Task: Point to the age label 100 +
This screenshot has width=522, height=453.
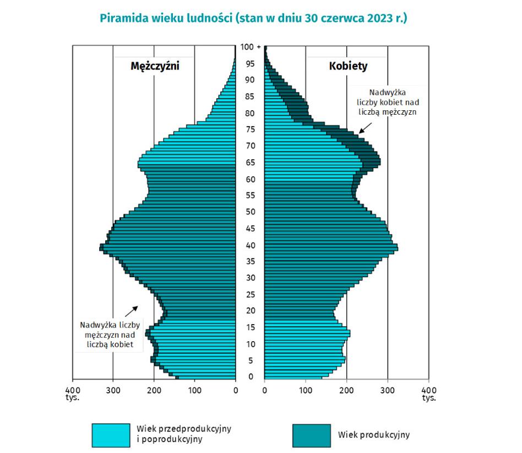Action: coord(251,47)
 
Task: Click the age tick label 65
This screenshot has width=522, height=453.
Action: coord(251,163)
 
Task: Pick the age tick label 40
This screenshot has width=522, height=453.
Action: coord(251,245)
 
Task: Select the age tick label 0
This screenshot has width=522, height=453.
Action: coord(251,377)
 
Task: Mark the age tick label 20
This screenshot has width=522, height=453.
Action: coord(251,311)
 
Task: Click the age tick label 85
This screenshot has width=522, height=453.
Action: coord(251,96)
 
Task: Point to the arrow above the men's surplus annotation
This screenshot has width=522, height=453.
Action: coord(132,311)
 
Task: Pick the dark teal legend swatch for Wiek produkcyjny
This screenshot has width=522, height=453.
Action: coord(311,435)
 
